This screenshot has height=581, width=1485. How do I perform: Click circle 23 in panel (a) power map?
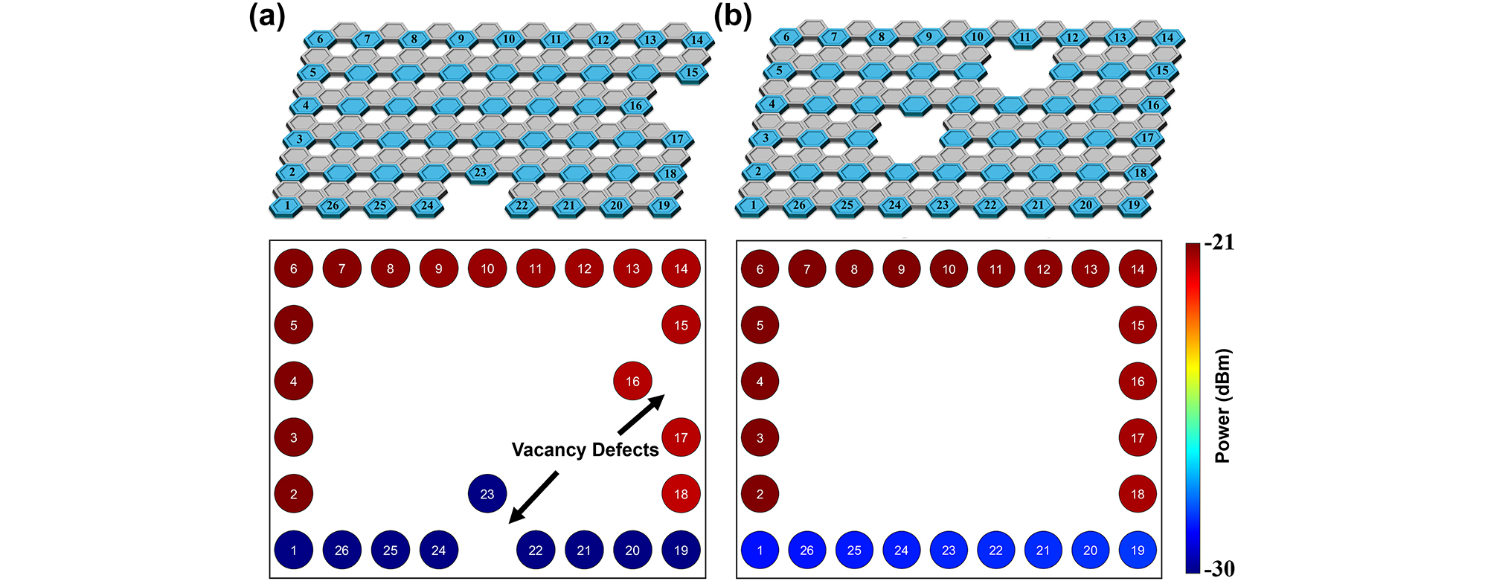[x=487, y=493]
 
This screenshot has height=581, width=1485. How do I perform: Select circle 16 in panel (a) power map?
[x=632, y=381]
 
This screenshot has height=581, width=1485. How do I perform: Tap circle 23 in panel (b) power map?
[x=949, y=550]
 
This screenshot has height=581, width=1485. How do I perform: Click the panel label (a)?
[x=266, y=17]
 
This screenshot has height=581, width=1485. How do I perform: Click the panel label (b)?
[x=732, y=17]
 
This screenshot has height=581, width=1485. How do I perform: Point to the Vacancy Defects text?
[x=585, y=450]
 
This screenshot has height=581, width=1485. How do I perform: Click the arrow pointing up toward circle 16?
[x=641, y=414]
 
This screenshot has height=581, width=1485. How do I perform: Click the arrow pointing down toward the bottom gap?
[x=533, y=498]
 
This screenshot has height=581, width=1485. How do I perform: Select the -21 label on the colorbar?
[x=1218, y=243]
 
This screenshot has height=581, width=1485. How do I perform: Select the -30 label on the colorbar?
[x=1219, y=569]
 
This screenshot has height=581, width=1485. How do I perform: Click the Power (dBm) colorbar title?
[x=1222, y=405]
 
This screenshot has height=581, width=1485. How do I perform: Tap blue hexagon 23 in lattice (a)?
[x=480, y=173]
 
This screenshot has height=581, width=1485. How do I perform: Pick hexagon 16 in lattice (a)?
[x=635, y=106]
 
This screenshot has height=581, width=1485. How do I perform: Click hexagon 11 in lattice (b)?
[x=1024, y=36]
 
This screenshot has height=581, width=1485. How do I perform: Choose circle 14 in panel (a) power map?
[x=681, y=269]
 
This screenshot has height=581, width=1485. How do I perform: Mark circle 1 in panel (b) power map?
[x=760, y=550]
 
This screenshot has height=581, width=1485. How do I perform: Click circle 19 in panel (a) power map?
[x=681, y=550]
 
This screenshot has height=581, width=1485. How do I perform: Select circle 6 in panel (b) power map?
[x=760, y=269]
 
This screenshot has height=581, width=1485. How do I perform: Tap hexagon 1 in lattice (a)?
[x=287, y=205]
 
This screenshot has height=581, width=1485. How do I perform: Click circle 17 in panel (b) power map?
[x=1138, y=437]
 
